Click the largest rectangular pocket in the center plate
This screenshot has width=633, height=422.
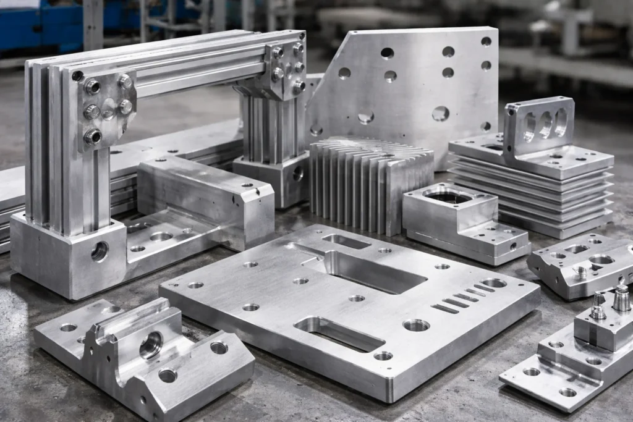pos(371,272)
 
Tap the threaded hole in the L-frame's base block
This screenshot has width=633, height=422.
pos(99,251)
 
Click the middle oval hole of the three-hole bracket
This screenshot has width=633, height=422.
pos(545,125)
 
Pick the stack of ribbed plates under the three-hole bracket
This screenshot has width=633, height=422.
pos(538,192)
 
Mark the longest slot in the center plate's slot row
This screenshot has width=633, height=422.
pos(445,308)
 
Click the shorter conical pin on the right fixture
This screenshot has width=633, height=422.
pos(598,306)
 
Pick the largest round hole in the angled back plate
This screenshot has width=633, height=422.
pos(440,113)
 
